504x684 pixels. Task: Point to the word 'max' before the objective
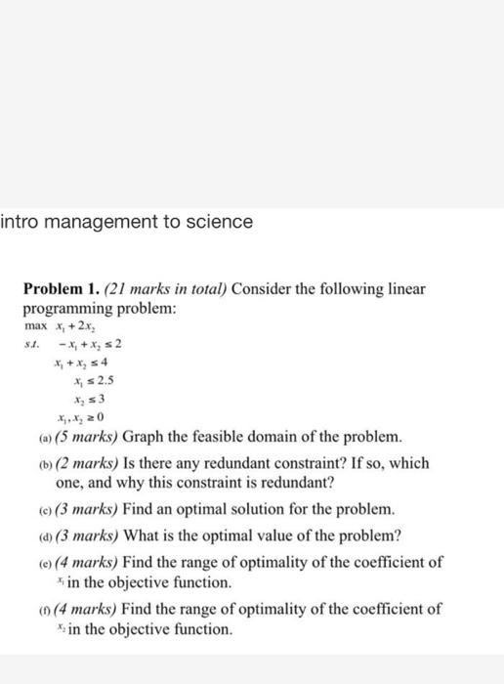tap(35, 323)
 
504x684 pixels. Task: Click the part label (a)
tap(33, 435)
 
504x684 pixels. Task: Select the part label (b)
tap(34, 460)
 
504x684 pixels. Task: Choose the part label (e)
tap(33, 562)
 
